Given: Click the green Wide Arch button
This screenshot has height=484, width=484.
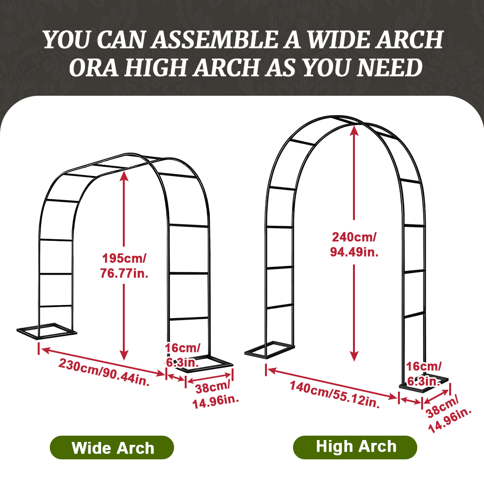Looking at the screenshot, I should click(112, 447).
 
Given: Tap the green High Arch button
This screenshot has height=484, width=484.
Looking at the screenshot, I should click(355, 447).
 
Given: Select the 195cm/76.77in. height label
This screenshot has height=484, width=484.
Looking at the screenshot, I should click(125, 265).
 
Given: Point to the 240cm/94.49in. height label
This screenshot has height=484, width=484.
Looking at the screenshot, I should click(354, 244).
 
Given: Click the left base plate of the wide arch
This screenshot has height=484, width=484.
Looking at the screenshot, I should click(46, 331).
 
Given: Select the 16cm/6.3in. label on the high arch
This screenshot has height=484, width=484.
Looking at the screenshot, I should click(423, 373).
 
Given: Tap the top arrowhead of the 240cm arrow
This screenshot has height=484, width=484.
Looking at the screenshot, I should click(354, 131).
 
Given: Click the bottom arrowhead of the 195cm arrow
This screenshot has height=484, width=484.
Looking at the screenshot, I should click(125, 357).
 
